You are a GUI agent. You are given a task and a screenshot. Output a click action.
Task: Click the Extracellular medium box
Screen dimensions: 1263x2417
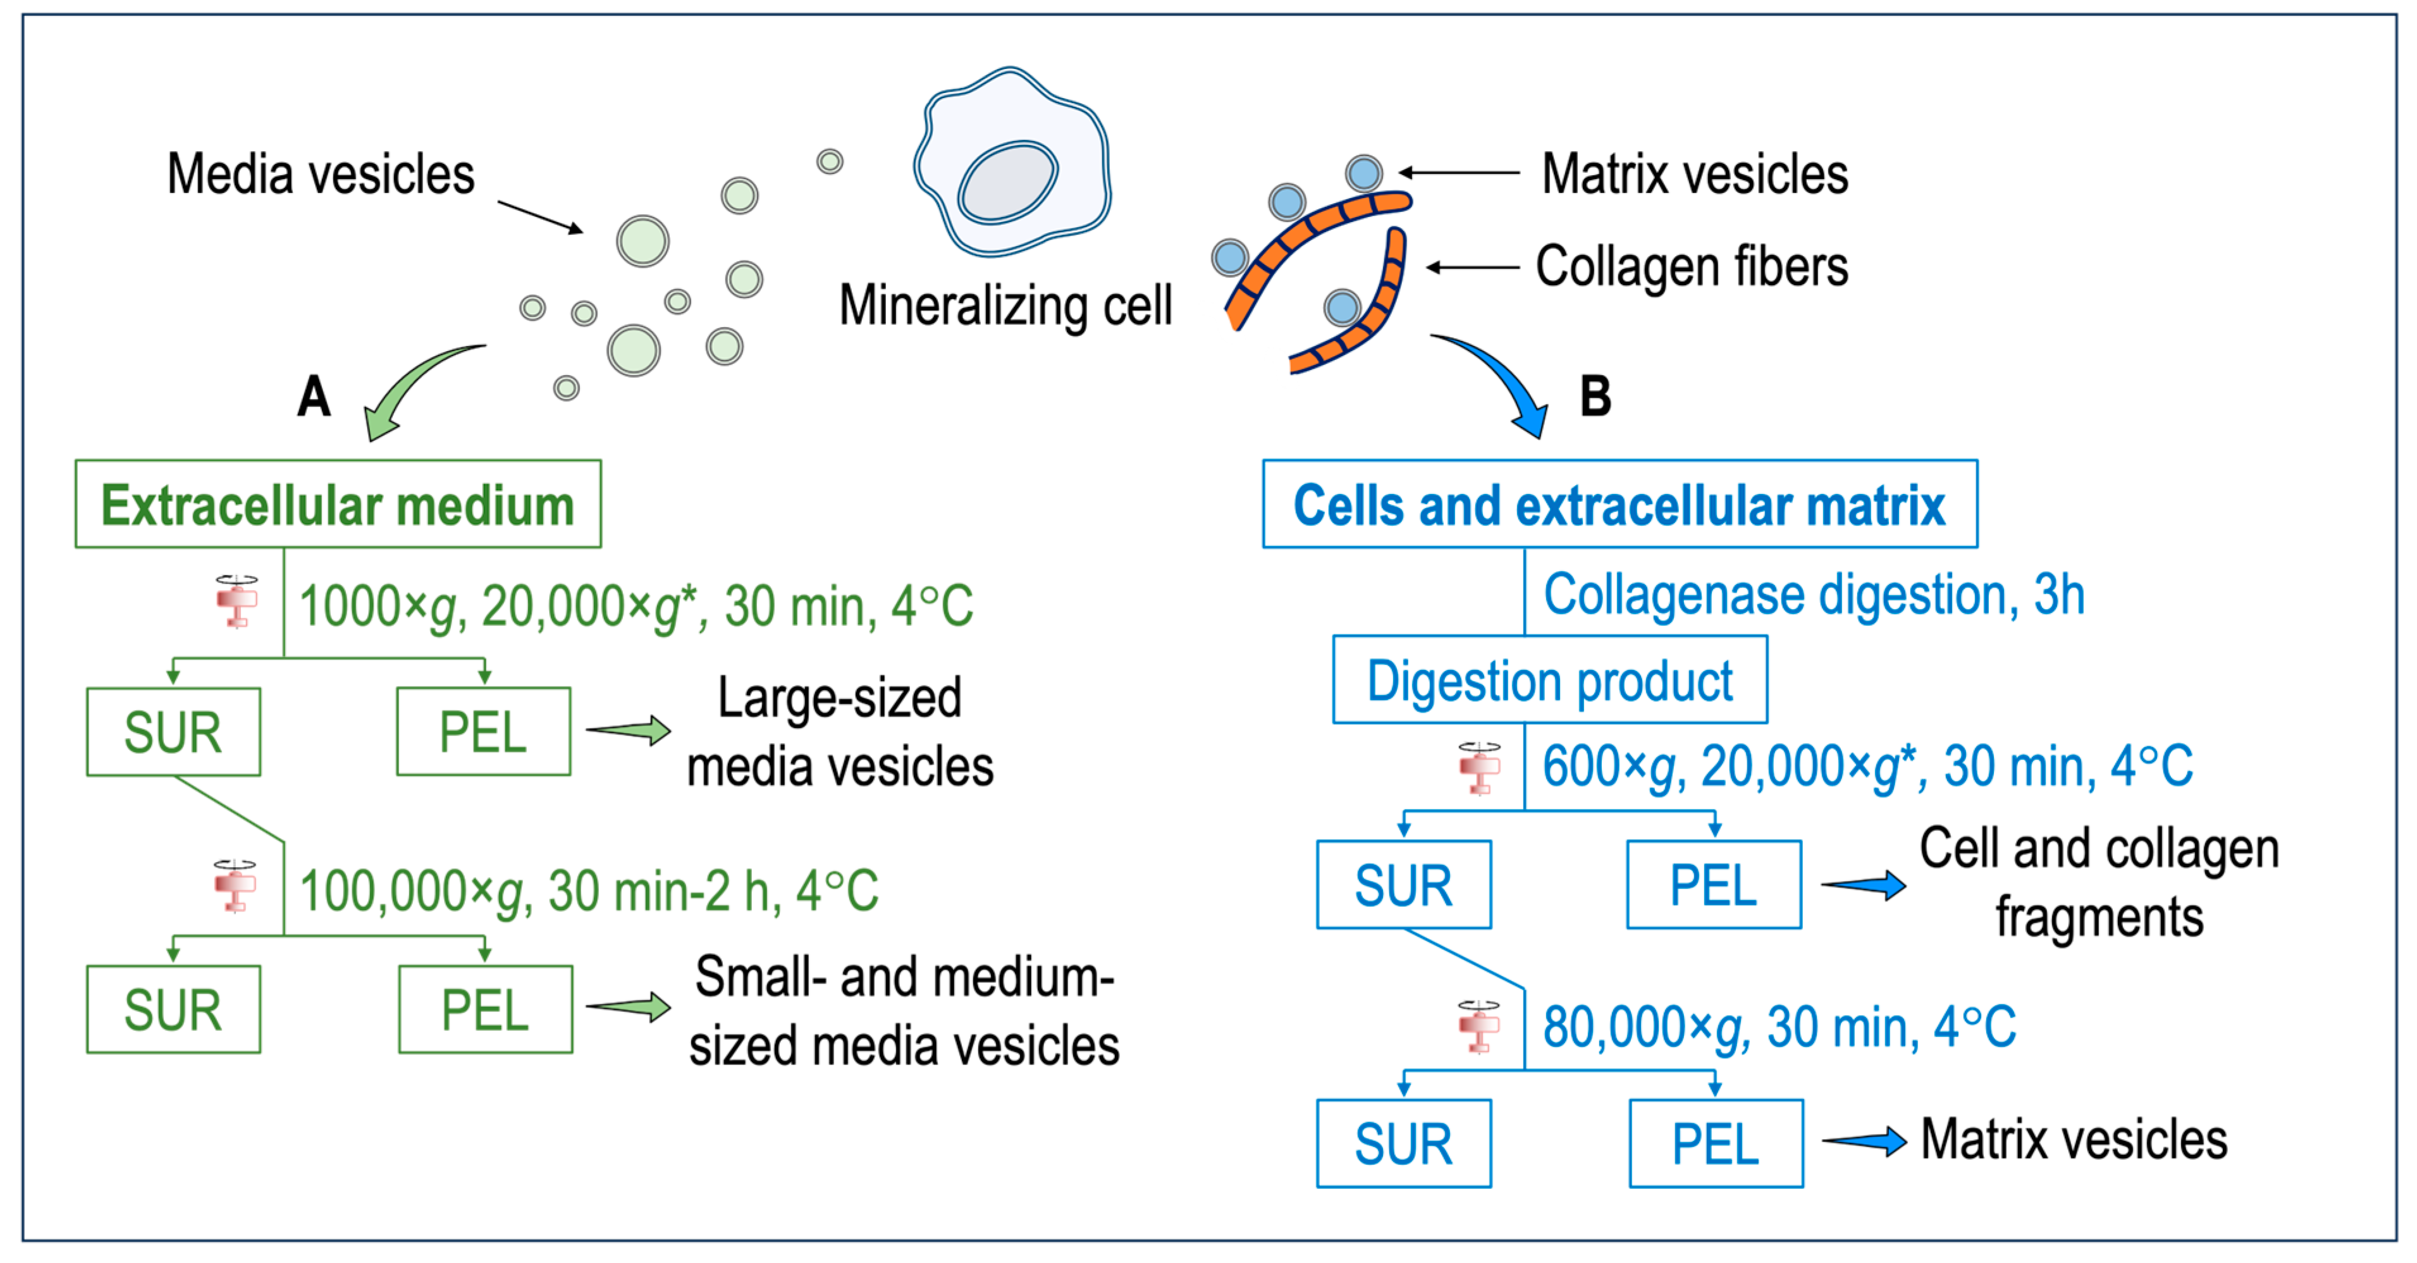tap(338, 504)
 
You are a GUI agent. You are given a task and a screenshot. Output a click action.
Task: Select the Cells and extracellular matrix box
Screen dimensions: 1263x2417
tap(1620, 504)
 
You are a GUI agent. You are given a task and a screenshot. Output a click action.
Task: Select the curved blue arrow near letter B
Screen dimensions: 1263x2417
tap(1501, 380)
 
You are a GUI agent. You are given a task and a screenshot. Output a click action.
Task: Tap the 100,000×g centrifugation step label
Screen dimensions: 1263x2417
tap(588, 890)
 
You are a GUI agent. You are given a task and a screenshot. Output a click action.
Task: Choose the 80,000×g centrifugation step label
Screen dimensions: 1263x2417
tap(1779, 1026)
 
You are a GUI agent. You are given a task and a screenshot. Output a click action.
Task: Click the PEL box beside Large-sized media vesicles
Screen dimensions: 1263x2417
tap(483, 732)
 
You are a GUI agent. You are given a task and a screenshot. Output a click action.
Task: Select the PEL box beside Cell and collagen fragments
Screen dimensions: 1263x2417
tap(1713, 885)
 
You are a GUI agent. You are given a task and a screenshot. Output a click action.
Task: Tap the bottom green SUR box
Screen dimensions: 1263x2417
tap(173, 1009)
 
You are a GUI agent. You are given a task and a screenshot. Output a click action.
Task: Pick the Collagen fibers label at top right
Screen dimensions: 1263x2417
tap(1691, 266)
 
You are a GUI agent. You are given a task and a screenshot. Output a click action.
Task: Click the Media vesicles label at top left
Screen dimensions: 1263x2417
tap(321, 175)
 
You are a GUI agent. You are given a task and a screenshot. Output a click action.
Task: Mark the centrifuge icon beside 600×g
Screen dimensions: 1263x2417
tap(1480, 768)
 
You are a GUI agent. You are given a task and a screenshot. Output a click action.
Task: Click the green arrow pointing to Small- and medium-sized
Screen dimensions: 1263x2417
tap(629, 1007)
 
